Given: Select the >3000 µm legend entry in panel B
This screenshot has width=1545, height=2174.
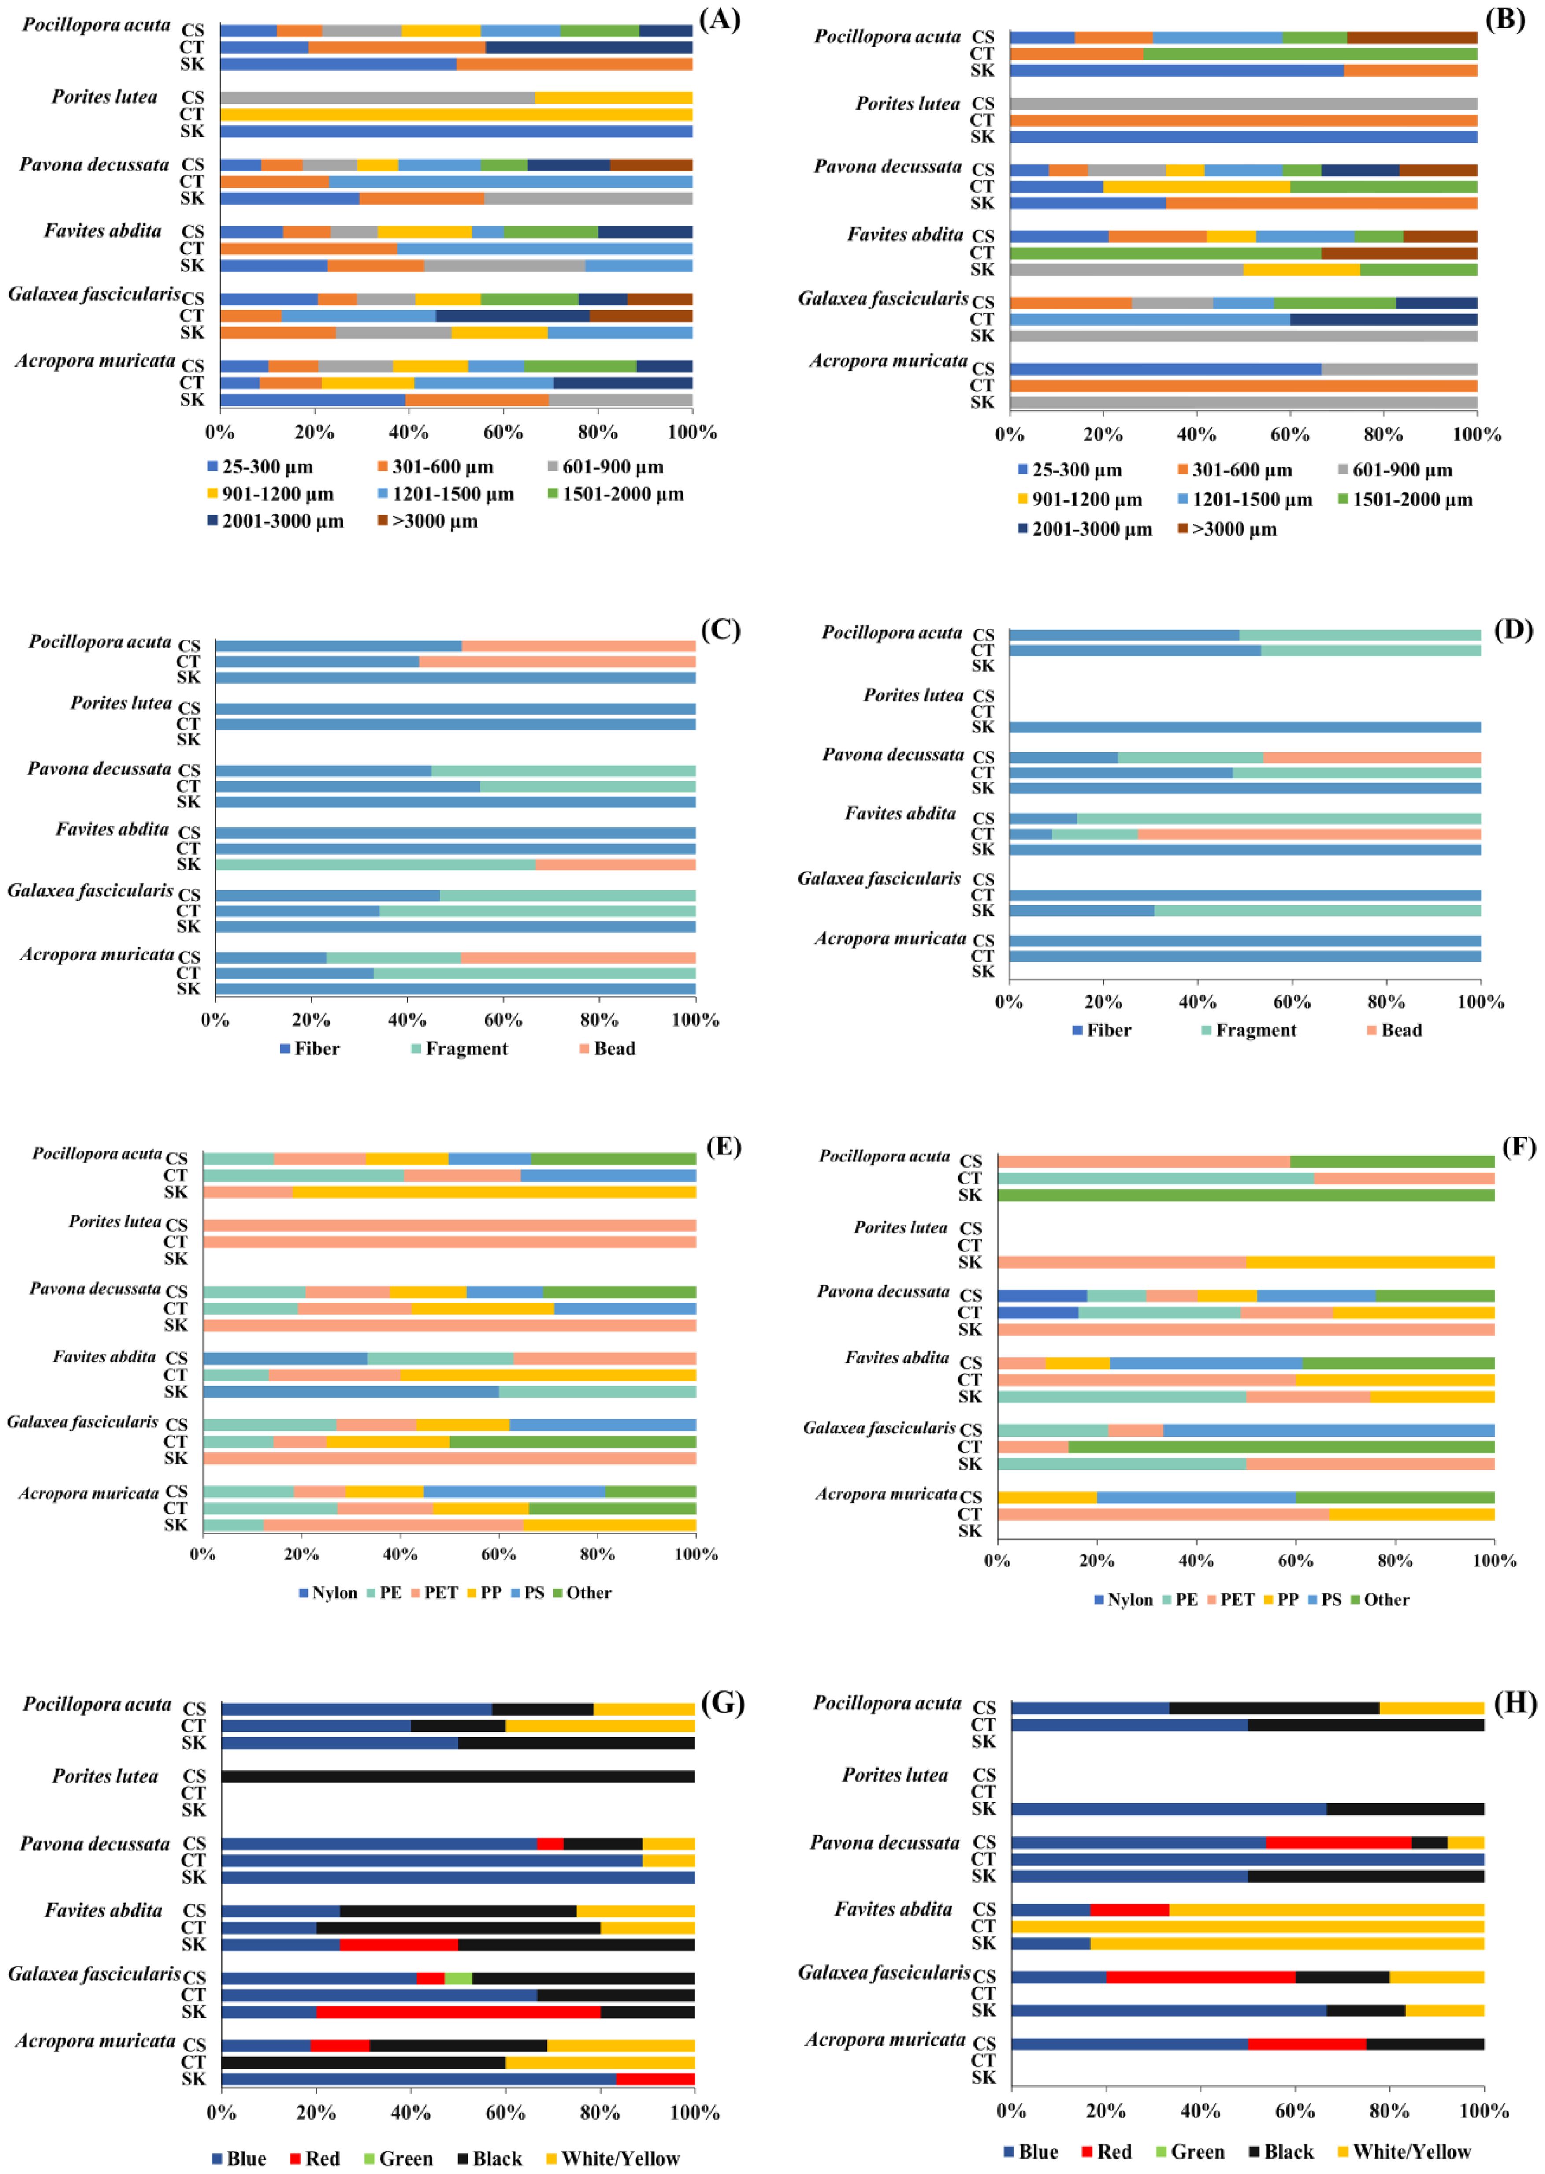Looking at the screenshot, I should click(1233, 529).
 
